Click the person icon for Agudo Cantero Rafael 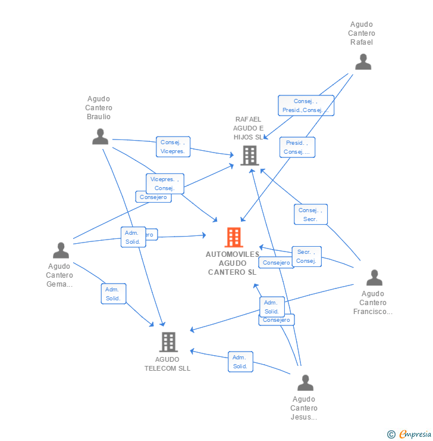(363, 62)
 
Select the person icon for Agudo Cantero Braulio (100, 136)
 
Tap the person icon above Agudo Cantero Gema (61, 250)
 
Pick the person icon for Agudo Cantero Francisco (374, 278)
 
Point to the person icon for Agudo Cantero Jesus (305, 383)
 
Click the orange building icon (234, 237)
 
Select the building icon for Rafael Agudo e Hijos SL (250, 156)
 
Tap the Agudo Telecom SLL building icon (168, 342)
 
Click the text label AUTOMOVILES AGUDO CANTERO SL (233, 263)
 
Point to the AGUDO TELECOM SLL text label (168, 364)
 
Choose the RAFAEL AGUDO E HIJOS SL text (249, 128)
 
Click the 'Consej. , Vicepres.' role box (173, 147)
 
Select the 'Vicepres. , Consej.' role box (165, 184)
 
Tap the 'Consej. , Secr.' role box (310, 215)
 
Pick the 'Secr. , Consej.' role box (306, 256)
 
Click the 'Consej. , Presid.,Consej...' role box (306, 105)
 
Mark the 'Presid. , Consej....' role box (297, 147)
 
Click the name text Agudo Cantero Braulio (99, 108)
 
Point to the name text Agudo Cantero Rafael (362, 33)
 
